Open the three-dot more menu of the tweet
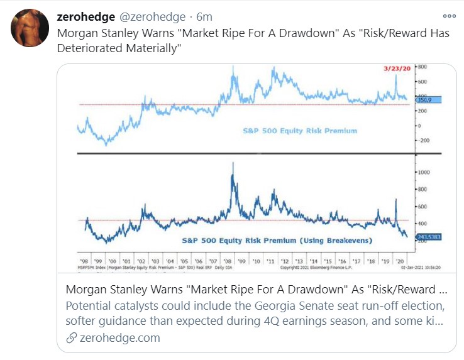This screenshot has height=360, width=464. pos(448,17)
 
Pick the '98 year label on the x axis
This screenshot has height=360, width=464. pos(84,260)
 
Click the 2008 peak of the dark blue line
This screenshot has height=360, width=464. pos(233,165)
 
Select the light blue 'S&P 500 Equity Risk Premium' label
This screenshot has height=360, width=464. pos(300,131)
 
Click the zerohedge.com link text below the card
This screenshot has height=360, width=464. pos(119,337)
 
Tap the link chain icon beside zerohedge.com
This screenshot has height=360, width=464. pos(72,337)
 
